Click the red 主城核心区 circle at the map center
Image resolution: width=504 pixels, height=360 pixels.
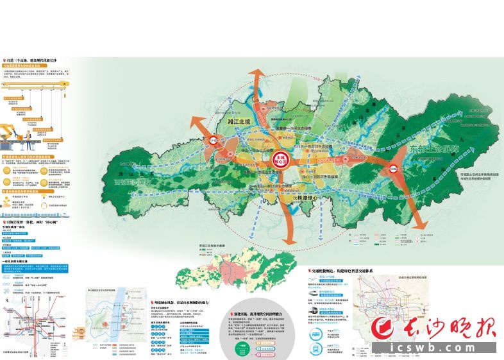279,159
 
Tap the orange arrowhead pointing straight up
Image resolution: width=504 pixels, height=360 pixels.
256,76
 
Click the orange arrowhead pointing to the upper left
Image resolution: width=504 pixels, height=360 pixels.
194,124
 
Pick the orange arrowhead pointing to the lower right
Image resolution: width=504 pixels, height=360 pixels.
420,223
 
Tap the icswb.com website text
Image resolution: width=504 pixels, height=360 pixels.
443,350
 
